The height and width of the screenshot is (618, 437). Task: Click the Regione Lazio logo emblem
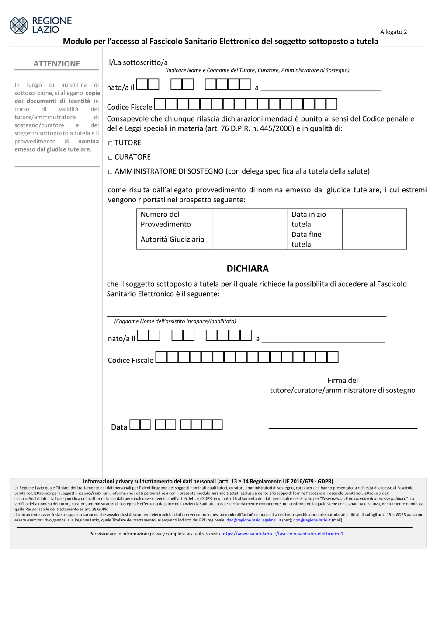[x=19, y=25]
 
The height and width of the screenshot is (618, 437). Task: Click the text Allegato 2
[x=393, y=32]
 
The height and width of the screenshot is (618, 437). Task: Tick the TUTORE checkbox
[x=111, y=143]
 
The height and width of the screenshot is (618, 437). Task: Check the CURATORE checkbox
[x=111, y=157]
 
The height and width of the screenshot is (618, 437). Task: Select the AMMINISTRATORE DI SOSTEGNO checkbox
[x=111, y=172]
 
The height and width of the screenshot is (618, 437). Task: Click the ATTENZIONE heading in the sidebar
[x=57, y=64]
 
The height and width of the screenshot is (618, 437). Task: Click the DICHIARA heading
[x=247, y=268]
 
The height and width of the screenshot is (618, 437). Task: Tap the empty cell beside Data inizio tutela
[x=374, y=219]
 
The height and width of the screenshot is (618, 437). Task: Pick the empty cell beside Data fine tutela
[x=374, y=239]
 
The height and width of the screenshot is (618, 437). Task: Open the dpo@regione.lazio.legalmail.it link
[x=253, y=520]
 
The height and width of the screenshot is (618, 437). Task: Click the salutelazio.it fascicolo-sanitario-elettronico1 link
[x=282, y=534]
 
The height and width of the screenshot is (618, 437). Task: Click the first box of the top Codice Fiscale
[x=160, y=104]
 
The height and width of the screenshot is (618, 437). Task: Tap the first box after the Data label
[x=135, y=425]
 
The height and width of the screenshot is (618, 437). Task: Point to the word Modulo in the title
[x=77, y=42]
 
